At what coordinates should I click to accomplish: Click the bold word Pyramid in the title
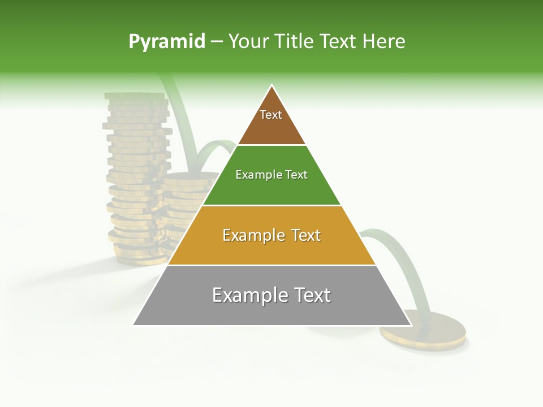(167, 42)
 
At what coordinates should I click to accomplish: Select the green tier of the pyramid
(271, 189)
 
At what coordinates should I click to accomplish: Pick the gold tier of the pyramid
(271, 249)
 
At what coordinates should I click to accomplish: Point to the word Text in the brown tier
(271, 115)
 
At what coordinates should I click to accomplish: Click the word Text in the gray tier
(310, 295)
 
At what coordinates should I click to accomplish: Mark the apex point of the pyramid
(272, 85)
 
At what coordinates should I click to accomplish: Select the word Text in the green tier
(296, 175)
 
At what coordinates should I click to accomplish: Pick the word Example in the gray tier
(244, 295)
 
